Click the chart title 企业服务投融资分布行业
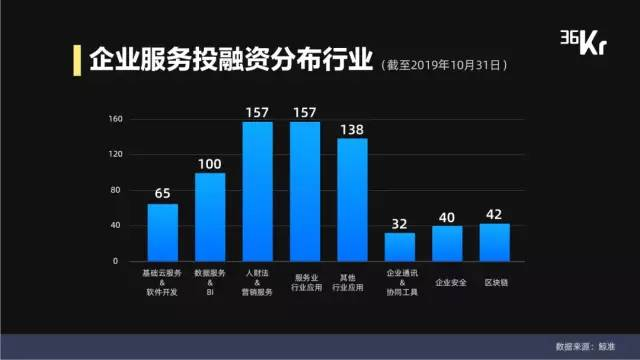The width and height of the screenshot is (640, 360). point(225,59)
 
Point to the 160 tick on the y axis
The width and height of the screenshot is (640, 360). point(114,119)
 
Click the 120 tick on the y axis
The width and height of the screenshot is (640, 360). point(114,154)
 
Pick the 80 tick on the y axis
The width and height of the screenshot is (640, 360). point(116,190)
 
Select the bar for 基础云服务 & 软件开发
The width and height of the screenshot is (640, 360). point(162,232)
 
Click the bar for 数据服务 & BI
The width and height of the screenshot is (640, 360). point(210,217)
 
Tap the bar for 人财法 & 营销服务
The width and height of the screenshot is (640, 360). point(257,191)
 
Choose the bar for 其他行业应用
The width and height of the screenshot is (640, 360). point(352,200)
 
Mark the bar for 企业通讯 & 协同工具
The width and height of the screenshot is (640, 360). point(400,247)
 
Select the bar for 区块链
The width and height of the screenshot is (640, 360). point(495,242)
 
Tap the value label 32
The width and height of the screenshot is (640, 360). point(400,222)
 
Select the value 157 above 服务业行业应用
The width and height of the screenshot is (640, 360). point(305,111)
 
